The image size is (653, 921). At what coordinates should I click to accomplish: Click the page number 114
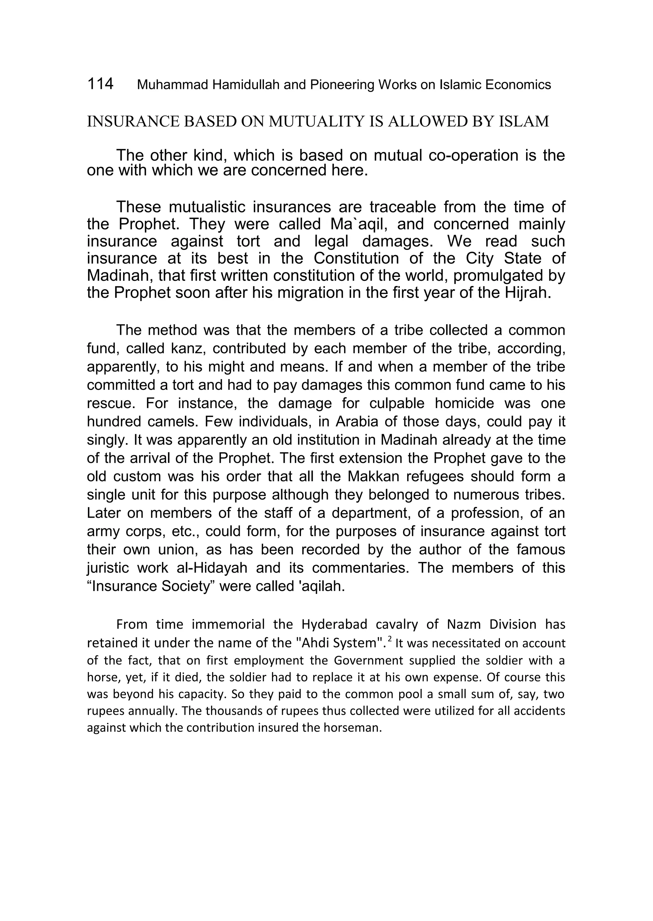pyautogui.click(x=100, y=84)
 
